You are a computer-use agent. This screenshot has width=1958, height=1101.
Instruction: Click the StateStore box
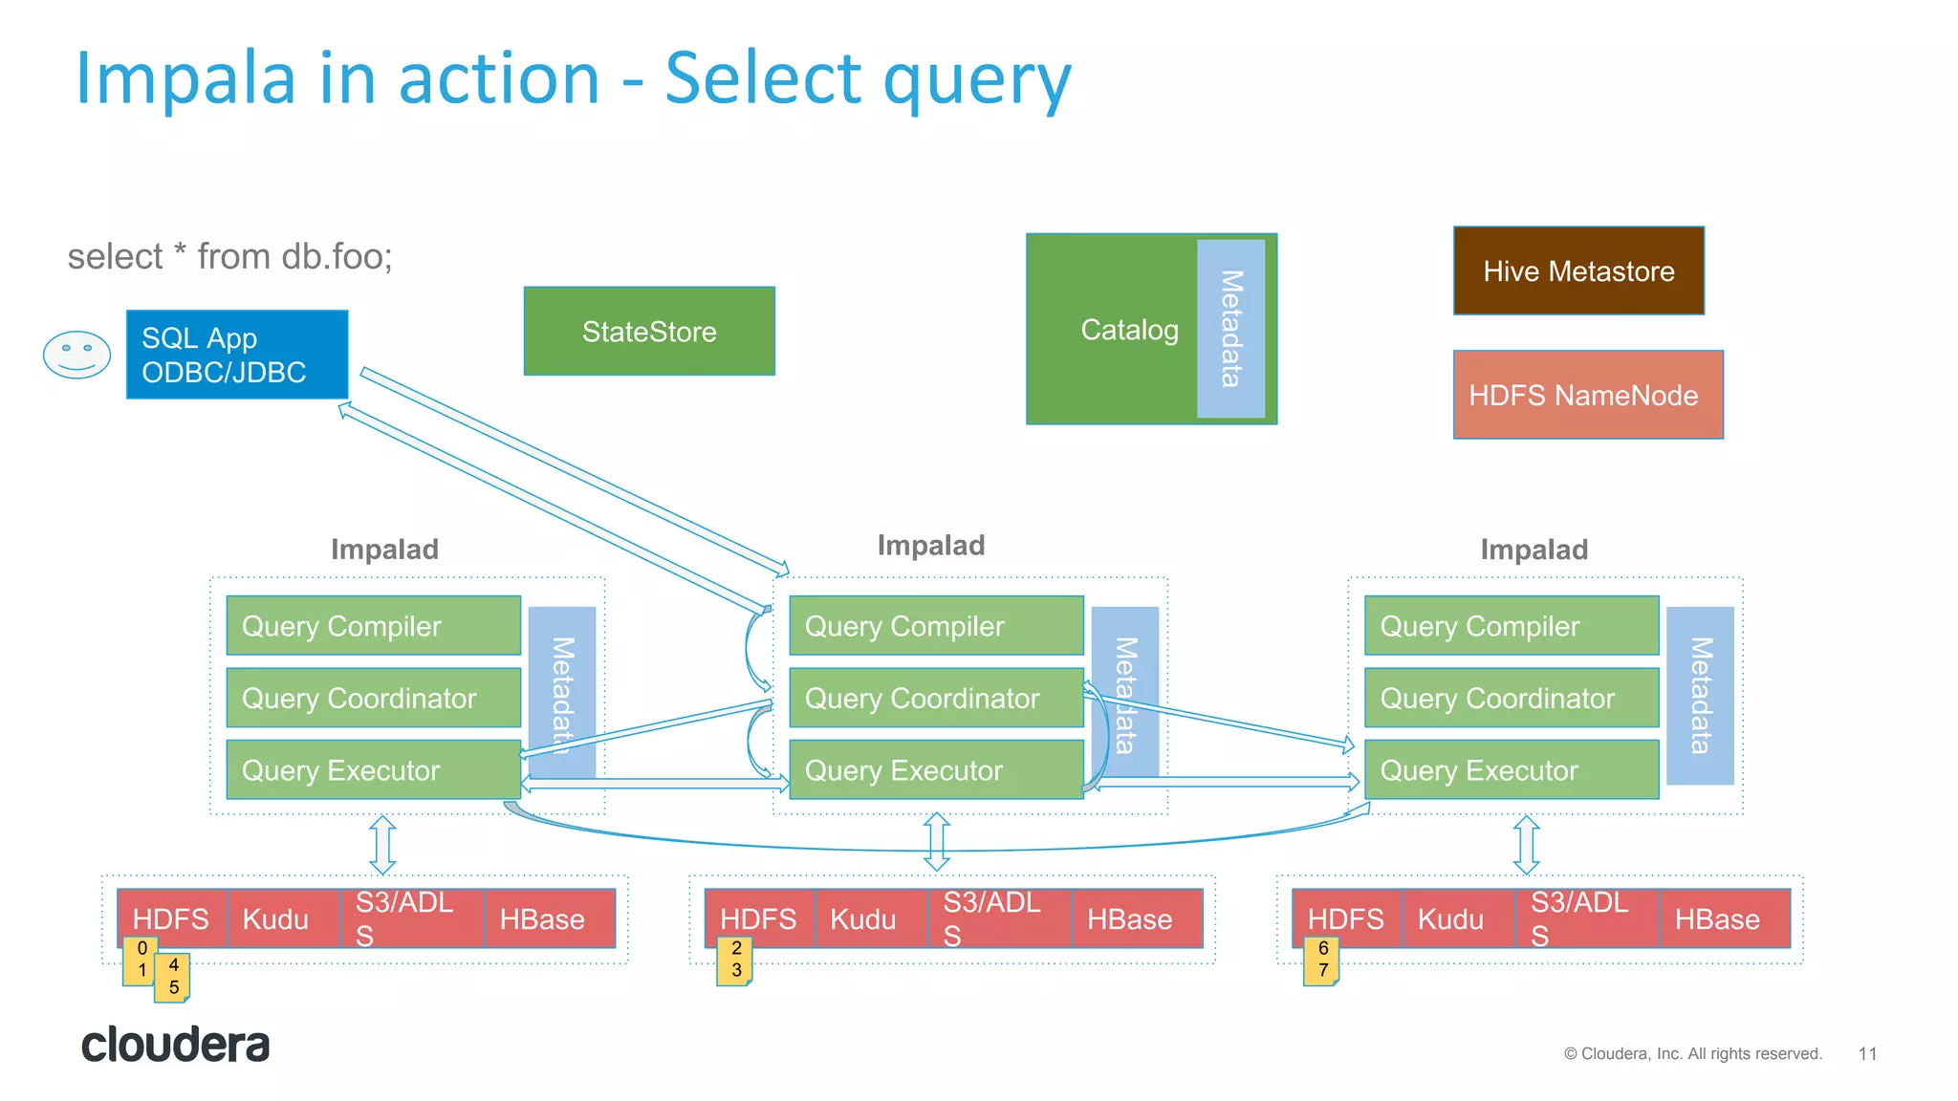649,331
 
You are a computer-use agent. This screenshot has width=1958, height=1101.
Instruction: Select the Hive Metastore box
1578,270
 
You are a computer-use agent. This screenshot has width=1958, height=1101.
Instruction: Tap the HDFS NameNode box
1587,395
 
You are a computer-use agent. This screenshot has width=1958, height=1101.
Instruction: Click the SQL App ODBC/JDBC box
236,354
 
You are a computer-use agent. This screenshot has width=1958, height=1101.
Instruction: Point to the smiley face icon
76,355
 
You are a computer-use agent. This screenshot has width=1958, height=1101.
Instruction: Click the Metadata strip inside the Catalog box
1230,328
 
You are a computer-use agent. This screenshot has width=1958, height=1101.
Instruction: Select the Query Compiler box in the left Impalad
373,626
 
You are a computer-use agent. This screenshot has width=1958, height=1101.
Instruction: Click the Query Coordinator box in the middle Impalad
935,698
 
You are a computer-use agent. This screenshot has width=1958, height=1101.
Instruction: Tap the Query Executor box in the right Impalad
1511,769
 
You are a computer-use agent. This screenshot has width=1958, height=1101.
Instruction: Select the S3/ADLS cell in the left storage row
411,918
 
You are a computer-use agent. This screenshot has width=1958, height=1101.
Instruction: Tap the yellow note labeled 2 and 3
735,961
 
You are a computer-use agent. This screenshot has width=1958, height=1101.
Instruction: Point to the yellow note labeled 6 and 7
1322,961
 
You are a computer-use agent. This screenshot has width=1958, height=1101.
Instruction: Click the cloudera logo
175,1045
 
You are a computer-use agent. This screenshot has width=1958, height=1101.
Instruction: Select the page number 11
1867,1053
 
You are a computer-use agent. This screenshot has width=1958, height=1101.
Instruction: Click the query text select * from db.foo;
229,256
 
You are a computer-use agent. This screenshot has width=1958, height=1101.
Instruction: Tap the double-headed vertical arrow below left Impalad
382,845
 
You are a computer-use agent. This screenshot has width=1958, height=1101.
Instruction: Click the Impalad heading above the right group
1534,550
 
